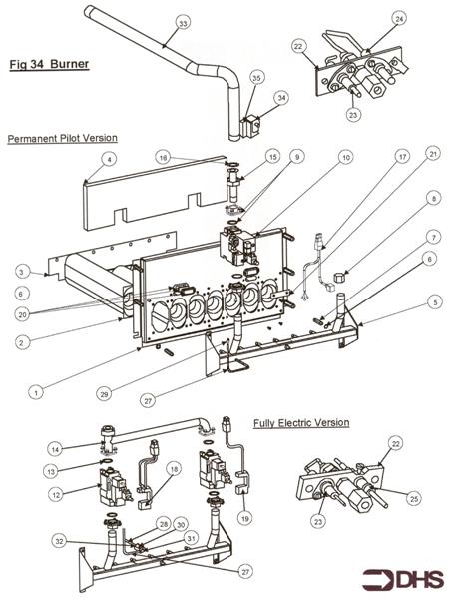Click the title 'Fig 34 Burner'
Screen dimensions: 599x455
pyautogui.click(x=50, y=66)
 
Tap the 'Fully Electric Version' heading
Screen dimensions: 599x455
pyautogui.click(x=301, y=423)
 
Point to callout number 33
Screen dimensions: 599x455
pyautogui.click(x=182, y=23)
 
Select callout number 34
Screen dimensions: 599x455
pyautogui.click(x=282, y=98)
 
